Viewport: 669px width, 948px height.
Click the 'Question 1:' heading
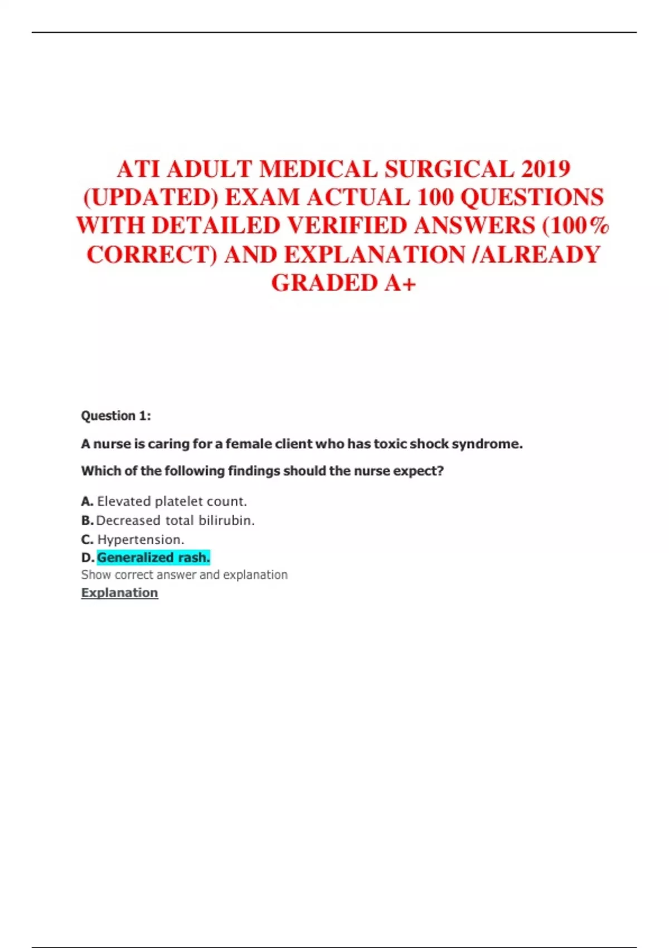click(x=116, y=416)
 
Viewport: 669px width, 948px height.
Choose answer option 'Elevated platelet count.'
click(x=172, y=501)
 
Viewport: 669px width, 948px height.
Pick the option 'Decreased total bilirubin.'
click(x=175, y=520)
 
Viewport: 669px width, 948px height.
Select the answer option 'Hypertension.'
click(x=140, y=539)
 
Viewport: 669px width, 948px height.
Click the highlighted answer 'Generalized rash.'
click(x=153, y=557)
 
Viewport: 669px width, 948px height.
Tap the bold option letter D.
click(x=87, y=558)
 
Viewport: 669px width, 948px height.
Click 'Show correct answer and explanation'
click(x=184, y=575)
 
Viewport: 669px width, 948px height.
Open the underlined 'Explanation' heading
click(x=119, y=593)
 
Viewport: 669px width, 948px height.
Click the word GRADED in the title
click(x=324, y=283)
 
